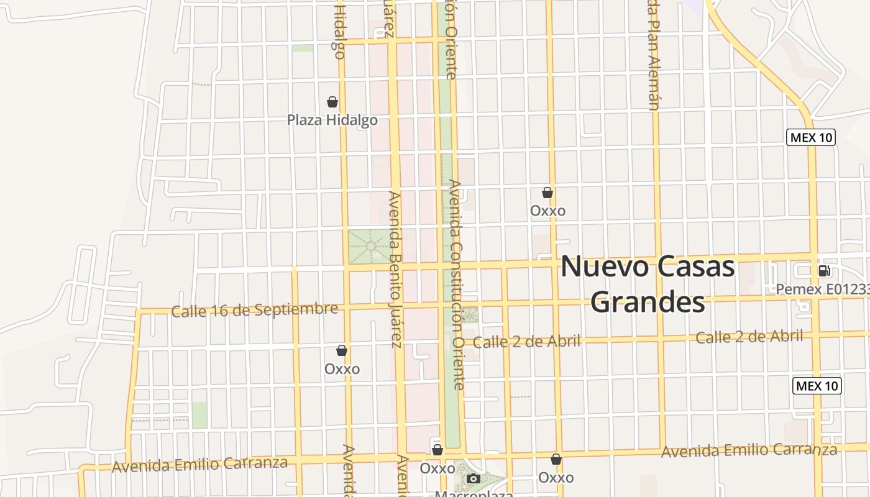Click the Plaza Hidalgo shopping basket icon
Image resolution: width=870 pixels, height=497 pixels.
tap(332, 102)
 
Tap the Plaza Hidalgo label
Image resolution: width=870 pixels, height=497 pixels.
tap(332, 120)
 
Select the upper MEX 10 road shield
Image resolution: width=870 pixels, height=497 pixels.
tap(811, 137)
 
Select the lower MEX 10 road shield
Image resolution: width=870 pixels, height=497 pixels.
tap(817, 386)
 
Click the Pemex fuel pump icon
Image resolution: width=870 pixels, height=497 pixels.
tap(824, 270)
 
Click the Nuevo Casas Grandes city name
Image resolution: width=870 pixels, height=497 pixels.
tap(648, 285)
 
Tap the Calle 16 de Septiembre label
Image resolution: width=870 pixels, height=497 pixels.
tap(255, 310)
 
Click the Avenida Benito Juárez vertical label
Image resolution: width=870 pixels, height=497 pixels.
tap(395, 269)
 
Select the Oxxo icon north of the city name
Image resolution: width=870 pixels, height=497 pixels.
tap(547, 193)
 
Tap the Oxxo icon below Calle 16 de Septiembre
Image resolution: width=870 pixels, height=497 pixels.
tap(342, 350)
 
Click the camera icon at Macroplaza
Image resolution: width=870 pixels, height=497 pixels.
tap(474, 478)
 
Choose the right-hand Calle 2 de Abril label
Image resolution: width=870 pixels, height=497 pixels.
tap(749, 337)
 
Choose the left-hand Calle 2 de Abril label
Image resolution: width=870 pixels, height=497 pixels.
tap(526, 342)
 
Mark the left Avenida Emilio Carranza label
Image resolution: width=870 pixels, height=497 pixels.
tap(199, 464)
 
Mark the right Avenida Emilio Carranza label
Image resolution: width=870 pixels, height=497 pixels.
tap(749, 450)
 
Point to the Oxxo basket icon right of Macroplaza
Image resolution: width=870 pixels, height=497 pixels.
tap(556, 459)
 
